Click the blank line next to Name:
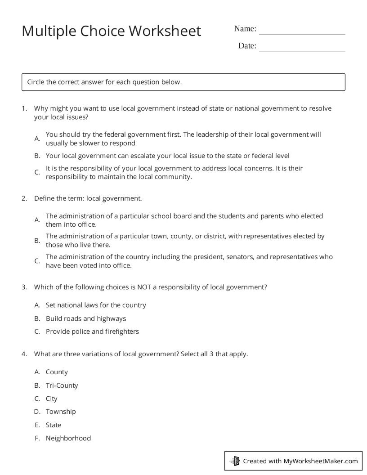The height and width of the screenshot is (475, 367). (x=302, y=31)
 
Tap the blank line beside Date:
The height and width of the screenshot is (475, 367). (x=302, y=49)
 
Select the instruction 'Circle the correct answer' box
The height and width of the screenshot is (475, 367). (x=183, y=82)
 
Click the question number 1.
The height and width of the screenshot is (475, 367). (x=24, y=108)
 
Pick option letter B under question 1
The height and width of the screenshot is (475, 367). (x=37, y=156)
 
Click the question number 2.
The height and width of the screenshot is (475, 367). (x=24, y=198)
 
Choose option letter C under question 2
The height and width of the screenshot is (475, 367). (x=37, y=261)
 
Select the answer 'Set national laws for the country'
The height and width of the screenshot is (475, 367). (x=96, y=305)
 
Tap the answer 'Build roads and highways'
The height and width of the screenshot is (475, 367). (x=86, y=318)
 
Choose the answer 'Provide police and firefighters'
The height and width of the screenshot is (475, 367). (x=92, y=332)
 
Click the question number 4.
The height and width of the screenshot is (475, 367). (x=24, y=354)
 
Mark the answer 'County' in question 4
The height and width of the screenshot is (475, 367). (x=57, y=372)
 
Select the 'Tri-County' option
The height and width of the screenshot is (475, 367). (x=62, y=385)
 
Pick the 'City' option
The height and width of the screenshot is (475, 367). (x=52, y=399)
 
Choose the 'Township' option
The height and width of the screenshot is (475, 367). (x=61, y=412)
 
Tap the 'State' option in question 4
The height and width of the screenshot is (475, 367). (x=54, y=425)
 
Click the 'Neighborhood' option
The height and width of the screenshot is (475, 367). (x=68, y=438)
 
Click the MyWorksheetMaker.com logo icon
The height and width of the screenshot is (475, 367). (x=235, y=461)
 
